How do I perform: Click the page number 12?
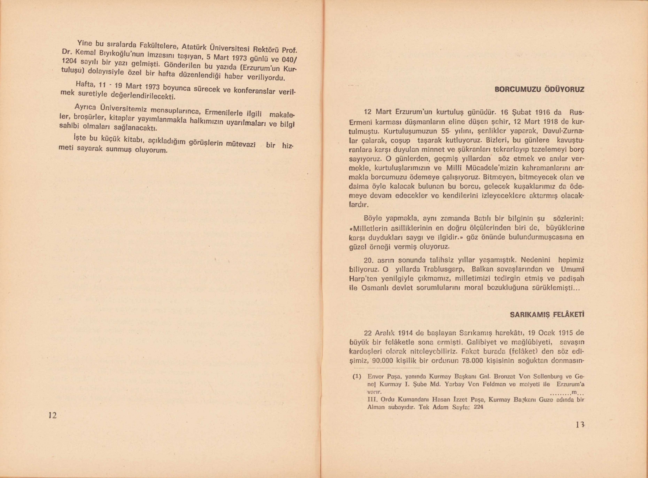pyautogui.click(x=52, y=415)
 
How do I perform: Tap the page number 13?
pyautogui.click(x=580, y=425)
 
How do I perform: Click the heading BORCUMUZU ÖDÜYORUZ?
pyautogui.click(x=539, y=90)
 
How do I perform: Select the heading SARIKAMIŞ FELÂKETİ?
pyautogui.click(x=547, y=315)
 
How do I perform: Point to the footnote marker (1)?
pyautogui.click(x=356, y=376)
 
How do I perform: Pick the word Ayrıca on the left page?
pyautogui.click(x=85, y=106)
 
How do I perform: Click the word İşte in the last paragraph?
pyautogui.click(x=79, y=138)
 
